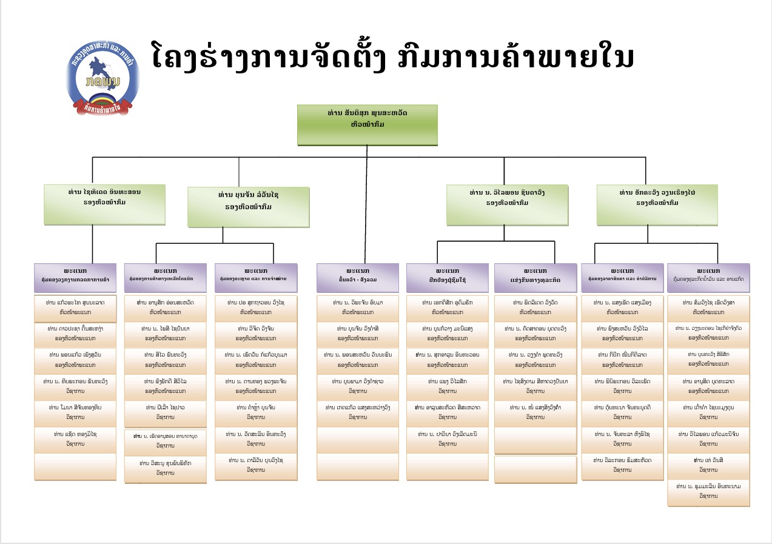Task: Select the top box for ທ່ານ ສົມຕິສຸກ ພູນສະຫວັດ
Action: [x=367, y=124]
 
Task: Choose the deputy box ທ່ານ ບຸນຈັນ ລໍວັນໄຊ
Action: [x=248, y=207]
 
